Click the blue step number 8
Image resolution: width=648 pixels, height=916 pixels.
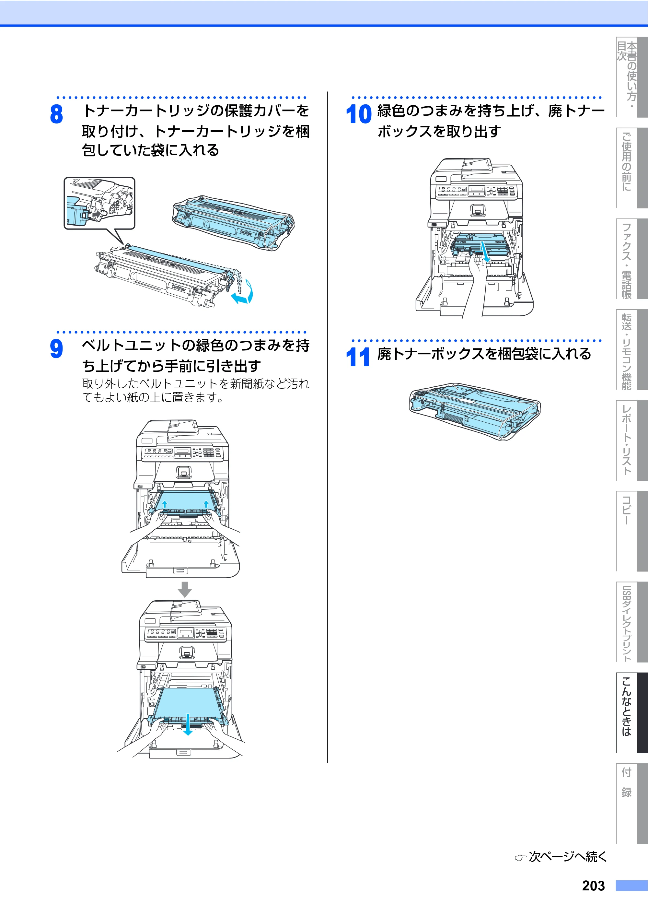56,114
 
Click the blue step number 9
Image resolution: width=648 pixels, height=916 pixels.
56,348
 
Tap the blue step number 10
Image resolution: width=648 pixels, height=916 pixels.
358,114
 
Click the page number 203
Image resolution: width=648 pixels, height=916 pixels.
593,886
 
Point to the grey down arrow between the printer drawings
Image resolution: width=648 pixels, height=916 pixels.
184,590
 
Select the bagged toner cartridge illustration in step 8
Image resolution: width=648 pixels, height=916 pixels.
233,223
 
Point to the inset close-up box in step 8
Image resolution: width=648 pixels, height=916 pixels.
100,204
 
